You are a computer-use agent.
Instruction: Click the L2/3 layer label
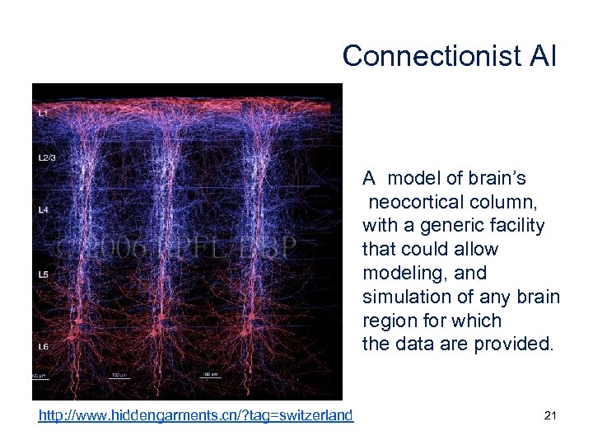pyautogui.click(x=46, y=157)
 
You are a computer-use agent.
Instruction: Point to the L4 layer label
pyautogui.click(x=42, y=210)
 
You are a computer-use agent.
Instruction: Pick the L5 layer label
pyautogui.click(x=42, y=274)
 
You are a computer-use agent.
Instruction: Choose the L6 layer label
pyautogui.click(x=42, y=347)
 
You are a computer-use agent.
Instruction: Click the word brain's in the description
pyautogui.click(x=497, y=178)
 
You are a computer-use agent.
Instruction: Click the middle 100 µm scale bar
pyautogui.click(x=118, y=375)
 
